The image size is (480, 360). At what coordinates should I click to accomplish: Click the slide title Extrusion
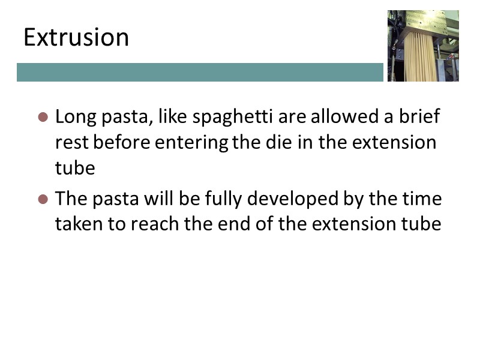point(76,38)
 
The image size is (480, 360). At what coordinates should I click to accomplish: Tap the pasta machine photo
point(423,46)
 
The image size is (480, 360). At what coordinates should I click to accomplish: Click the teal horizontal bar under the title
point(200,72)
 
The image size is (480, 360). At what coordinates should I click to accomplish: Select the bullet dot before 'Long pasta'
point(43,117)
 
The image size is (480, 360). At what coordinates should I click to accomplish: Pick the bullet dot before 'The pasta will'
point(43,199)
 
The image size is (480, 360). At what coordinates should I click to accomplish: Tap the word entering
point(194,143)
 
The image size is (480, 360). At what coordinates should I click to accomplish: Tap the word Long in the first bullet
point(74,117)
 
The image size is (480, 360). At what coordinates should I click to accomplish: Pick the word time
point(421,198)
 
